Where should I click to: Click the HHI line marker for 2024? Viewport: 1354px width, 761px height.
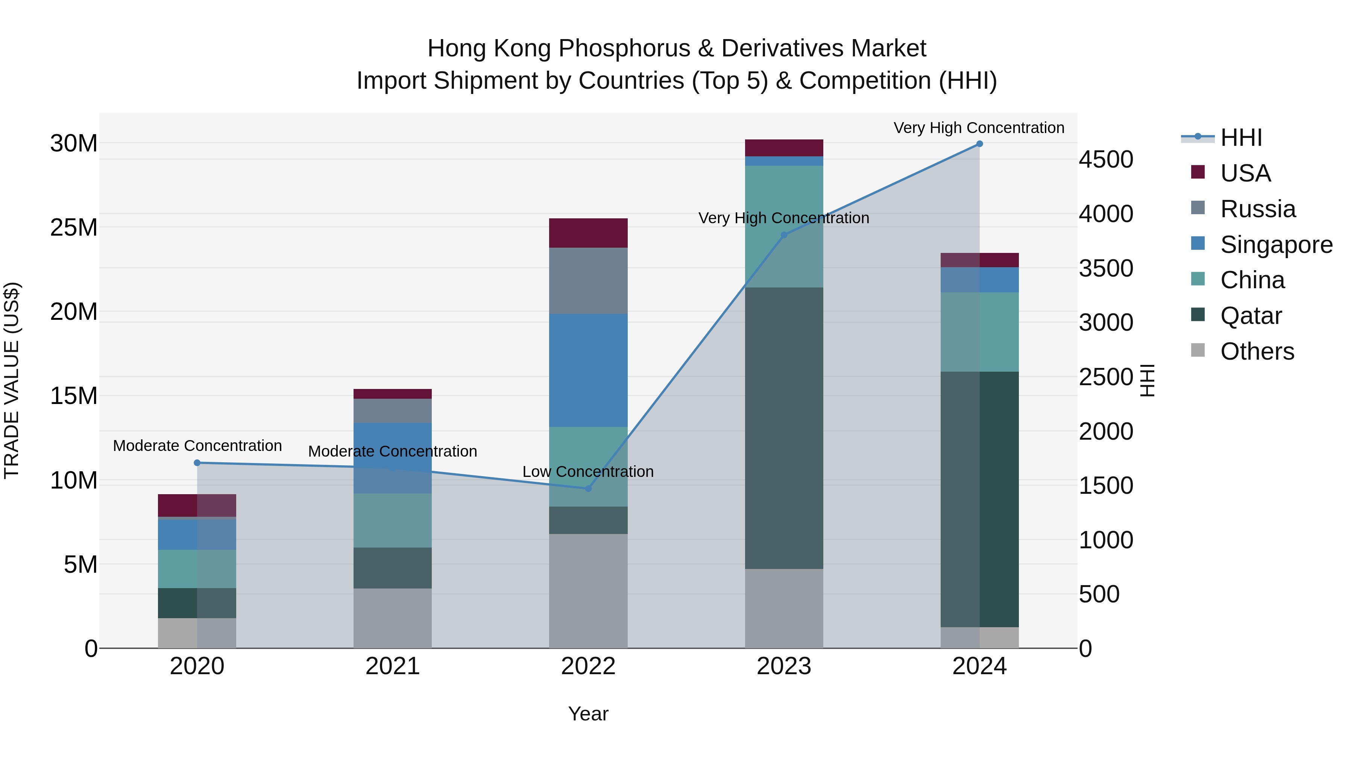(979, 144)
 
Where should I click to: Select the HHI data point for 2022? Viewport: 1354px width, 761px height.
(588, 489)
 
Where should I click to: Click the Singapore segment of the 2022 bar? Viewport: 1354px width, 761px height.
(588, 370)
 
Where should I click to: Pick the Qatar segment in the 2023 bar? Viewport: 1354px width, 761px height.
(784, 428)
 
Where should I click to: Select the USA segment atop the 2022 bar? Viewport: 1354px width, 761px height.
(588, 233)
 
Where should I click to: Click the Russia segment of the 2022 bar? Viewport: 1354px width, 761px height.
(588, 281)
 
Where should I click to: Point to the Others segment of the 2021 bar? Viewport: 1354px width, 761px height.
(393, 618)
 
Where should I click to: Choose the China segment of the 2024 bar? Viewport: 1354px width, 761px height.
(979, 332)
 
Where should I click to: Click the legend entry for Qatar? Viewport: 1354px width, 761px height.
(1251, 316)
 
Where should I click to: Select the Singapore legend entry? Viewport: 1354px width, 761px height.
(1276, 245)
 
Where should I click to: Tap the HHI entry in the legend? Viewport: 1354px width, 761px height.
(1240, 138)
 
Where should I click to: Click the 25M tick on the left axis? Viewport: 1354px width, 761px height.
(74, 227)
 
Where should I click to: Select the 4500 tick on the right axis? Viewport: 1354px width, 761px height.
(1106, 160)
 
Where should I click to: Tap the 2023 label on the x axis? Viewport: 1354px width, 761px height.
(784, 666)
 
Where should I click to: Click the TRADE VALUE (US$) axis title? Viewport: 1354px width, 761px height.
(12, 380)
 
